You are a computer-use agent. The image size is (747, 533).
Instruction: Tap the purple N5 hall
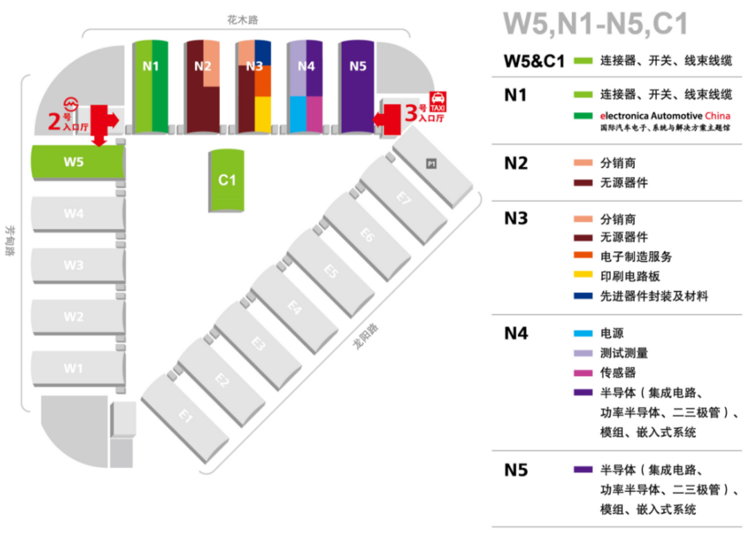357,86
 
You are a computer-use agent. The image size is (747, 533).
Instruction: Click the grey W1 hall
73,368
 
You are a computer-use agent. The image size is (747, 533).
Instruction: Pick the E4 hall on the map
294,306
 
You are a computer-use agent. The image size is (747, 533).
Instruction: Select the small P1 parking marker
431,164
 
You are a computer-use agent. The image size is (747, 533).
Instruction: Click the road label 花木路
242,21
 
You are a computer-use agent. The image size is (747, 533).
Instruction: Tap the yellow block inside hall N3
263,114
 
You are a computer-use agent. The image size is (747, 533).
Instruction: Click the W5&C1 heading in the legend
535,60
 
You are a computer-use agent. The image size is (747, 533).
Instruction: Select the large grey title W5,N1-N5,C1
596,24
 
